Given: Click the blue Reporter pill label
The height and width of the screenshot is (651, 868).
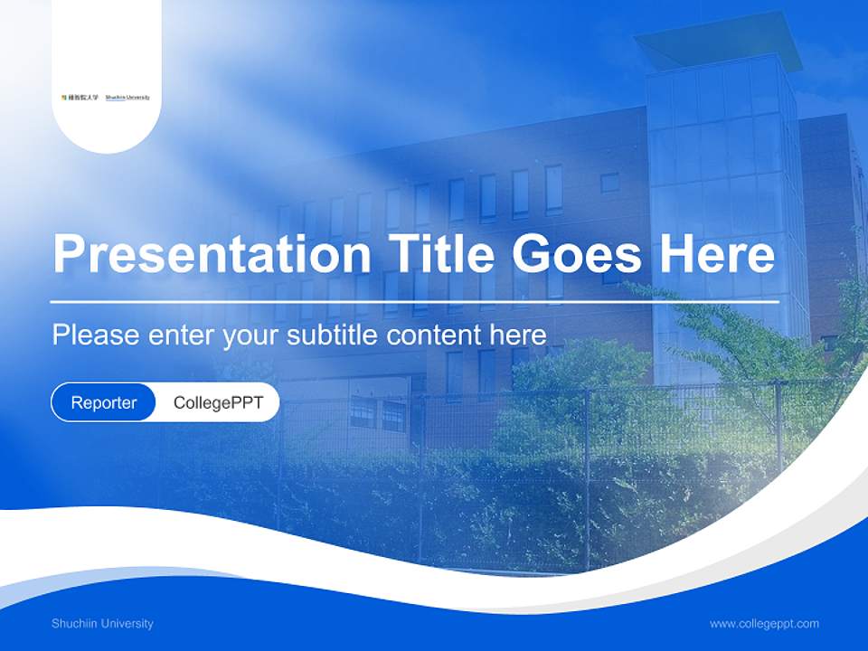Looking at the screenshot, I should pos(104,402).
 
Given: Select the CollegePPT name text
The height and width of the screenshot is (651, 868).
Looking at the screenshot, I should pos(218,402).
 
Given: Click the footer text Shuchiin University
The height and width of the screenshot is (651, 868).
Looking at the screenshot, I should pos(102,624).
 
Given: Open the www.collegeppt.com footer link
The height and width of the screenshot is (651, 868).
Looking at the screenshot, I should pos(764,624).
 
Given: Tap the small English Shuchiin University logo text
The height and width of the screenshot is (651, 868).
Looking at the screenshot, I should pos(127,97).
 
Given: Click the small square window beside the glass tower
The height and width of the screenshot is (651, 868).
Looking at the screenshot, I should pos(610,183).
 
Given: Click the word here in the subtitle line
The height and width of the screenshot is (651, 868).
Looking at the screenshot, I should pos(517,335).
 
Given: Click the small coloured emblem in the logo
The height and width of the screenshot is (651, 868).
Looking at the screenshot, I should pos(63,97).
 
